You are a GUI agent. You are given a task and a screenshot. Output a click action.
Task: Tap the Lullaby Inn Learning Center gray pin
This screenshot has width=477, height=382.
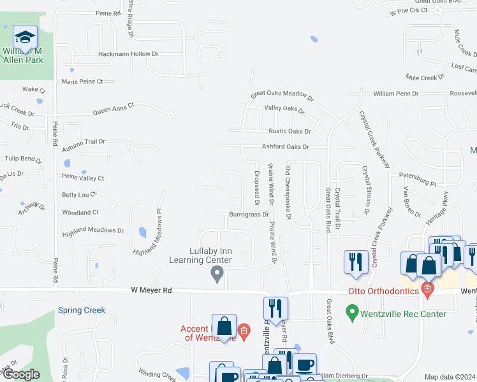point(217,274)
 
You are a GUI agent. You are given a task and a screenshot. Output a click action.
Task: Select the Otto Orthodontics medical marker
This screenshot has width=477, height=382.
point(427,291)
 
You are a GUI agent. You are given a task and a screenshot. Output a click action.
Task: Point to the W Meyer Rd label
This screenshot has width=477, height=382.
point(151,290)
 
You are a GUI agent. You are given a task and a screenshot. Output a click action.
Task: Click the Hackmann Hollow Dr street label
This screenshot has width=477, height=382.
point(128,54)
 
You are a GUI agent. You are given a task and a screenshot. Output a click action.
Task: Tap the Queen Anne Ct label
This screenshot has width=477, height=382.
point(114,110)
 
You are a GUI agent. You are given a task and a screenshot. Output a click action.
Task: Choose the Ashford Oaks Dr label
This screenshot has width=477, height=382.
point(285,146)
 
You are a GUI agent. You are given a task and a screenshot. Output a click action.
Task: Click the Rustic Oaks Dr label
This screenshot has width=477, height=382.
point(290,131)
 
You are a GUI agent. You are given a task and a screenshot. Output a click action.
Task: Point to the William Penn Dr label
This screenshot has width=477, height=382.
point(395,94)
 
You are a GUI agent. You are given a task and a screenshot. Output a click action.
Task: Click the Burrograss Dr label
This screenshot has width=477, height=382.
point(249,215)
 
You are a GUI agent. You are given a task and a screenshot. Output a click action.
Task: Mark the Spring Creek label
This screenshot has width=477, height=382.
point(81,311)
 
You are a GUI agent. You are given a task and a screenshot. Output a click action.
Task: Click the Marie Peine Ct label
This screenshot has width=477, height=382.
point(82,81)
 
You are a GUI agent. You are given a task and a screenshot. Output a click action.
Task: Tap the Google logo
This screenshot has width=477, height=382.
point(21,374)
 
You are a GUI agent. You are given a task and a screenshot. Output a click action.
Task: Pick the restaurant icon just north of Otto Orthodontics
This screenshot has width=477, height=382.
point(355,261)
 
